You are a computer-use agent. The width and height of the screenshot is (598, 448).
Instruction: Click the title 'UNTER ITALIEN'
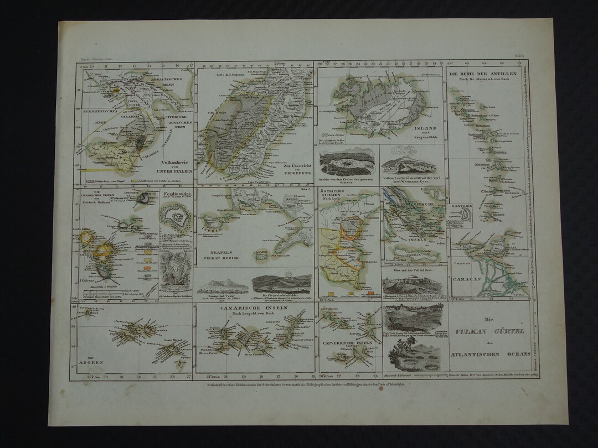tap(176, 171)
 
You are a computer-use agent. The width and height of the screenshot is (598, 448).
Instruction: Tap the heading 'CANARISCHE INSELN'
tap(254, 308)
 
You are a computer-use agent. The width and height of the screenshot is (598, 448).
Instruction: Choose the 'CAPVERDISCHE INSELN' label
tap(347, 343)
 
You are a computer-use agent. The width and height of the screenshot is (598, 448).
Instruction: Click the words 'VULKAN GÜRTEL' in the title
tap(489, 331)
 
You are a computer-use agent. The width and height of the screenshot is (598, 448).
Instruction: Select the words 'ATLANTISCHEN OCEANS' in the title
tap(489, 353)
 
